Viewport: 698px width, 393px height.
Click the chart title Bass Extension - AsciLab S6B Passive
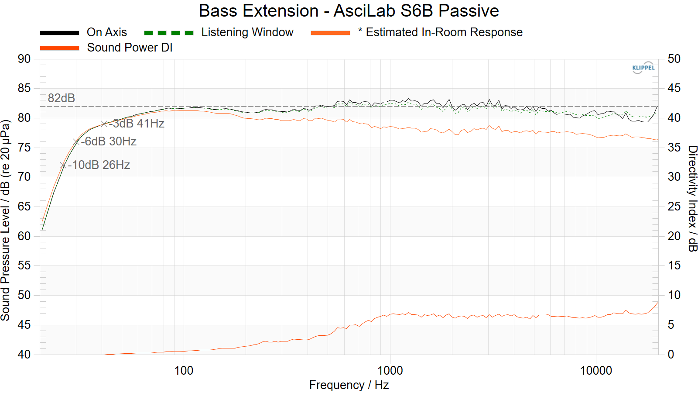coord(349,11)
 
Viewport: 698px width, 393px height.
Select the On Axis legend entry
coord(106,32)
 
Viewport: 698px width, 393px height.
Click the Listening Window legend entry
coord(247,32)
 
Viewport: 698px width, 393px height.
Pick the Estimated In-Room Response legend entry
coord(444,32)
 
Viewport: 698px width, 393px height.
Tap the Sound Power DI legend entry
coord(130,48)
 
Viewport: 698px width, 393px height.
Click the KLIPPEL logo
coord(643,68)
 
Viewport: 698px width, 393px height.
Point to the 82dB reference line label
coord(62,98)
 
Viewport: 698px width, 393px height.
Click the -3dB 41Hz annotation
coord(137,124)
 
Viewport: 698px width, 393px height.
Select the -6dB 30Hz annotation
coord(109,141)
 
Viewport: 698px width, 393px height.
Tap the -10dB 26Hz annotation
coord(99,165)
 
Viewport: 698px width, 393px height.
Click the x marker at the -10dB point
coord(63,165)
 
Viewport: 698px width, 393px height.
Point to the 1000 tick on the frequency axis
coord(390,371)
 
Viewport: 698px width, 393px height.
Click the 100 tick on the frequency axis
coord(184,371)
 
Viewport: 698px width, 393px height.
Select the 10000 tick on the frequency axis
coord(596,371)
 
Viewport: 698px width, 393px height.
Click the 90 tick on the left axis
coord(24,59)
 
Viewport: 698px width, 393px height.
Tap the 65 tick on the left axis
coord(24,207)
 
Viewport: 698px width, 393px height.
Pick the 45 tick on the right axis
coord(674,88)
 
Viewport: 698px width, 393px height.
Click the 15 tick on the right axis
coord(674,265)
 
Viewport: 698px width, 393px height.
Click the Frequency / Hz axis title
coord(349,385)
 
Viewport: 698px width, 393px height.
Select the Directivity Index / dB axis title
coord(692,199)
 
